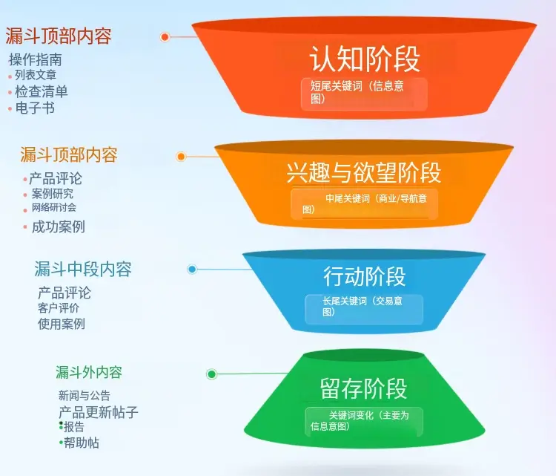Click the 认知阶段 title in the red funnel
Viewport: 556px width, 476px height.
coord(364,59)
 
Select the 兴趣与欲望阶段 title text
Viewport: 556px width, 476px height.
coord(363,172)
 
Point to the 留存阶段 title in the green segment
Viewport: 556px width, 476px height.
coord(363,388)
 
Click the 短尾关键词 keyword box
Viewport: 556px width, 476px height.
coord(364,93)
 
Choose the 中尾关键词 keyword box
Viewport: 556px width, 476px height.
coord(364,204)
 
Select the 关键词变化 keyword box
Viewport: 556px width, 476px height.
coord(364,421)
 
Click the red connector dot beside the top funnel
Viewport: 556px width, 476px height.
coord(165,36)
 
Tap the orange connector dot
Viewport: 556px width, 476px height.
coord(181,156)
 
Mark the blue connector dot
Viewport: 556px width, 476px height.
coord(192,269)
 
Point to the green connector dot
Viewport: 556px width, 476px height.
coord(212,374)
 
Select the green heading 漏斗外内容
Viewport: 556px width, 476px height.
coord(89,372)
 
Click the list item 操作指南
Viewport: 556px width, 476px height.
coord(36,59)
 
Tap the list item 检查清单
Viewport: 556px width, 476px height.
coord(42,91)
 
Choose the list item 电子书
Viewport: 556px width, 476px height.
coord(35,108)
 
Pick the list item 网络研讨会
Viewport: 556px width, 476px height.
coord(53,208)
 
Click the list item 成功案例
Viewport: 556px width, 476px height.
coord(58,226)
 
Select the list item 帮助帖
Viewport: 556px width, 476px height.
coord(81,443)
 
